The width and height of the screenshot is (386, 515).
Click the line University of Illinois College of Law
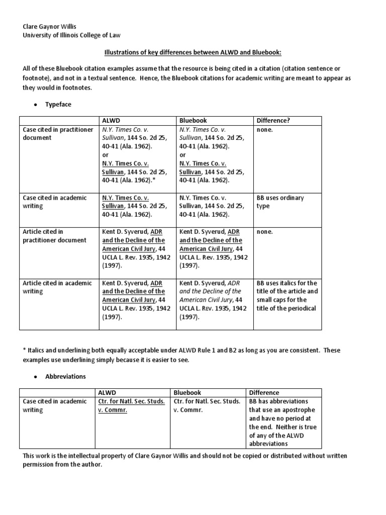pos(72,35)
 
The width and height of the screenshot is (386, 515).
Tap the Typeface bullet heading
pos(58,104)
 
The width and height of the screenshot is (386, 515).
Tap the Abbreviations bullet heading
pos(66,376)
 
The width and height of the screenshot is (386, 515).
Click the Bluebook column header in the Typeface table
pos(193,121)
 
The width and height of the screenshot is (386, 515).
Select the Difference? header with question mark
pos(274,121)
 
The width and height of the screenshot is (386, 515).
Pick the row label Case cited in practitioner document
pos(58,134)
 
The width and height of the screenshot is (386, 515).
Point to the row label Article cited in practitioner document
pos(55,236)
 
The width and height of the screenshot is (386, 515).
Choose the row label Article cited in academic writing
pos(58,287)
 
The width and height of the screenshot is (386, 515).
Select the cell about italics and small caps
pos(287,296)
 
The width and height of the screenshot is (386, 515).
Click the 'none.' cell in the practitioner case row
pos(264,130)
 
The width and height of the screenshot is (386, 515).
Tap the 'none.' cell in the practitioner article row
pos(264,232)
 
